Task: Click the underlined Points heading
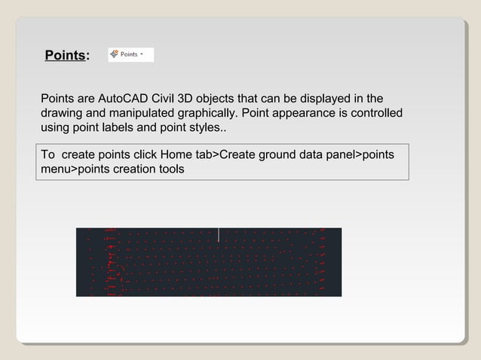64,56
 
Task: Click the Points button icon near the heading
114,54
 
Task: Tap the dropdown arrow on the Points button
142,54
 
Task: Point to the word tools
170,169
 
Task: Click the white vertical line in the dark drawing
219,235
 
